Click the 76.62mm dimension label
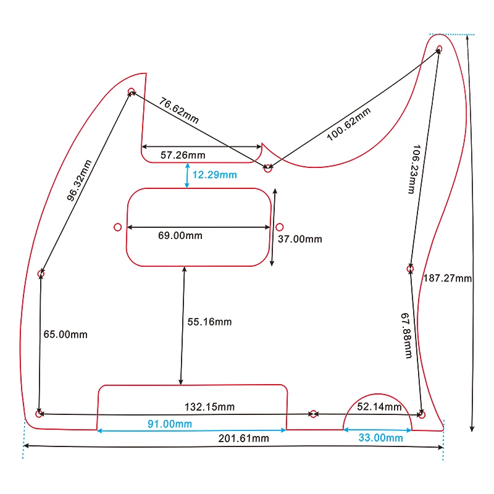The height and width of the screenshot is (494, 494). tap(179, 111)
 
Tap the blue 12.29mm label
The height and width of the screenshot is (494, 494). tap(214, 175)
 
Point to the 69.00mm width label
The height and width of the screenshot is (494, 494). tap(180, 235)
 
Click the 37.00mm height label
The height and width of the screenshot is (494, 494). tap(299, 239)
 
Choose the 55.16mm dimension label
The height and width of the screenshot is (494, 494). tap(210, 322)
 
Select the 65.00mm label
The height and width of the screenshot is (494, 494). tap(65, 334)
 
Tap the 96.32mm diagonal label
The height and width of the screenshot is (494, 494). tap(80, 180)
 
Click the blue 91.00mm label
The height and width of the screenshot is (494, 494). tap(169, 424)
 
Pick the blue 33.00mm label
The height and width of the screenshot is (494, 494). tap(381, 438)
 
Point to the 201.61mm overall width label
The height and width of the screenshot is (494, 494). tap(245, 438)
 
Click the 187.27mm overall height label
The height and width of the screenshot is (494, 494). tap(448, 278)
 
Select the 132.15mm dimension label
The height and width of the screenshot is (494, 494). tap(210, 407)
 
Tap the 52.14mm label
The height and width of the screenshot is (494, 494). tap(379, 407)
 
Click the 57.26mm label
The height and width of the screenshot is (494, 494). tap(183, 155)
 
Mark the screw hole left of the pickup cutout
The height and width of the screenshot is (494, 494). tap(118, 227)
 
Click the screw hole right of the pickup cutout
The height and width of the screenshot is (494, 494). tap(279, 227)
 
